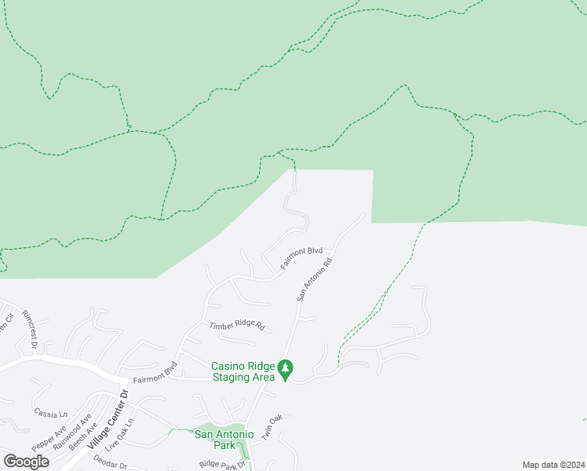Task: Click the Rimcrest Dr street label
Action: [x=29, y=329]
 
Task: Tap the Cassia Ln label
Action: [x=52, y=413]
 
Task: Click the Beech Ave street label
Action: [x=82, y=437]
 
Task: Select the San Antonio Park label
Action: [x=224, y=440]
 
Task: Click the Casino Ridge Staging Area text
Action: [x=243, y=371]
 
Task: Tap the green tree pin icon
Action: [x=286, y=367]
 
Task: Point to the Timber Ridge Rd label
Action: [x=237, y=325]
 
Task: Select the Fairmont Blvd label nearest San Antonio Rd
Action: [x=301, y=260]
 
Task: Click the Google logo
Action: [x=26, y=462]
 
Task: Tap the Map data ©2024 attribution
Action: [x=553, y=465]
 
